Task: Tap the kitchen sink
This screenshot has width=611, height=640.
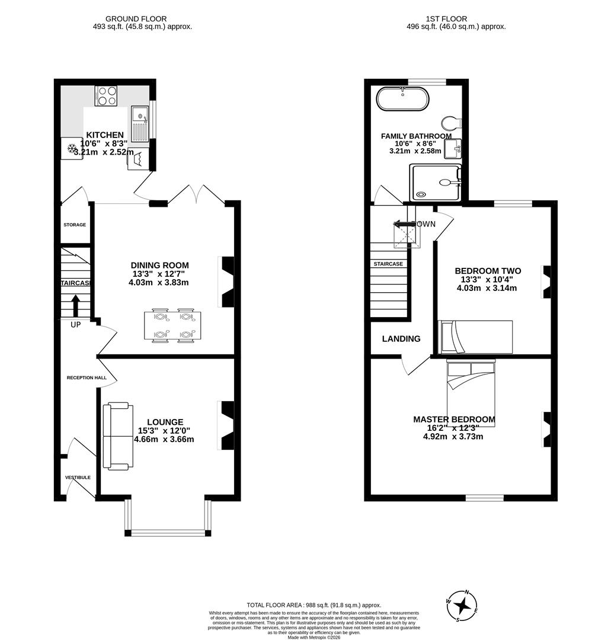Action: tap(140, 124)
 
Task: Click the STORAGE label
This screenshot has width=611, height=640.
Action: tap(75, 225)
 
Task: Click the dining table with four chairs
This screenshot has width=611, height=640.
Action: tap(172, 326)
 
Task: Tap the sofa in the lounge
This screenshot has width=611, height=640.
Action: tap(115, 436)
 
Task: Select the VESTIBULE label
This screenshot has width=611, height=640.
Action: tap(78, 477)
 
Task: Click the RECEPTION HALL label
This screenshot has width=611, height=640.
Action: tap(87, 377)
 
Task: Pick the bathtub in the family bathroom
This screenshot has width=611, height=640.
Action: tap(402, 99)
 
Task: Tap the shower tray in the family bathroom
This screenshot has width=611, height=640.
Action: tap(434, 183)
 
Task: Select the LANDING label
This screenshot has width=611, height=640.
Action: tap(401, 339)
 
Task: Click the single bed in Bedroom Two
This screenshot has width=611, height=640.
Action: tap(475, 337)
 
